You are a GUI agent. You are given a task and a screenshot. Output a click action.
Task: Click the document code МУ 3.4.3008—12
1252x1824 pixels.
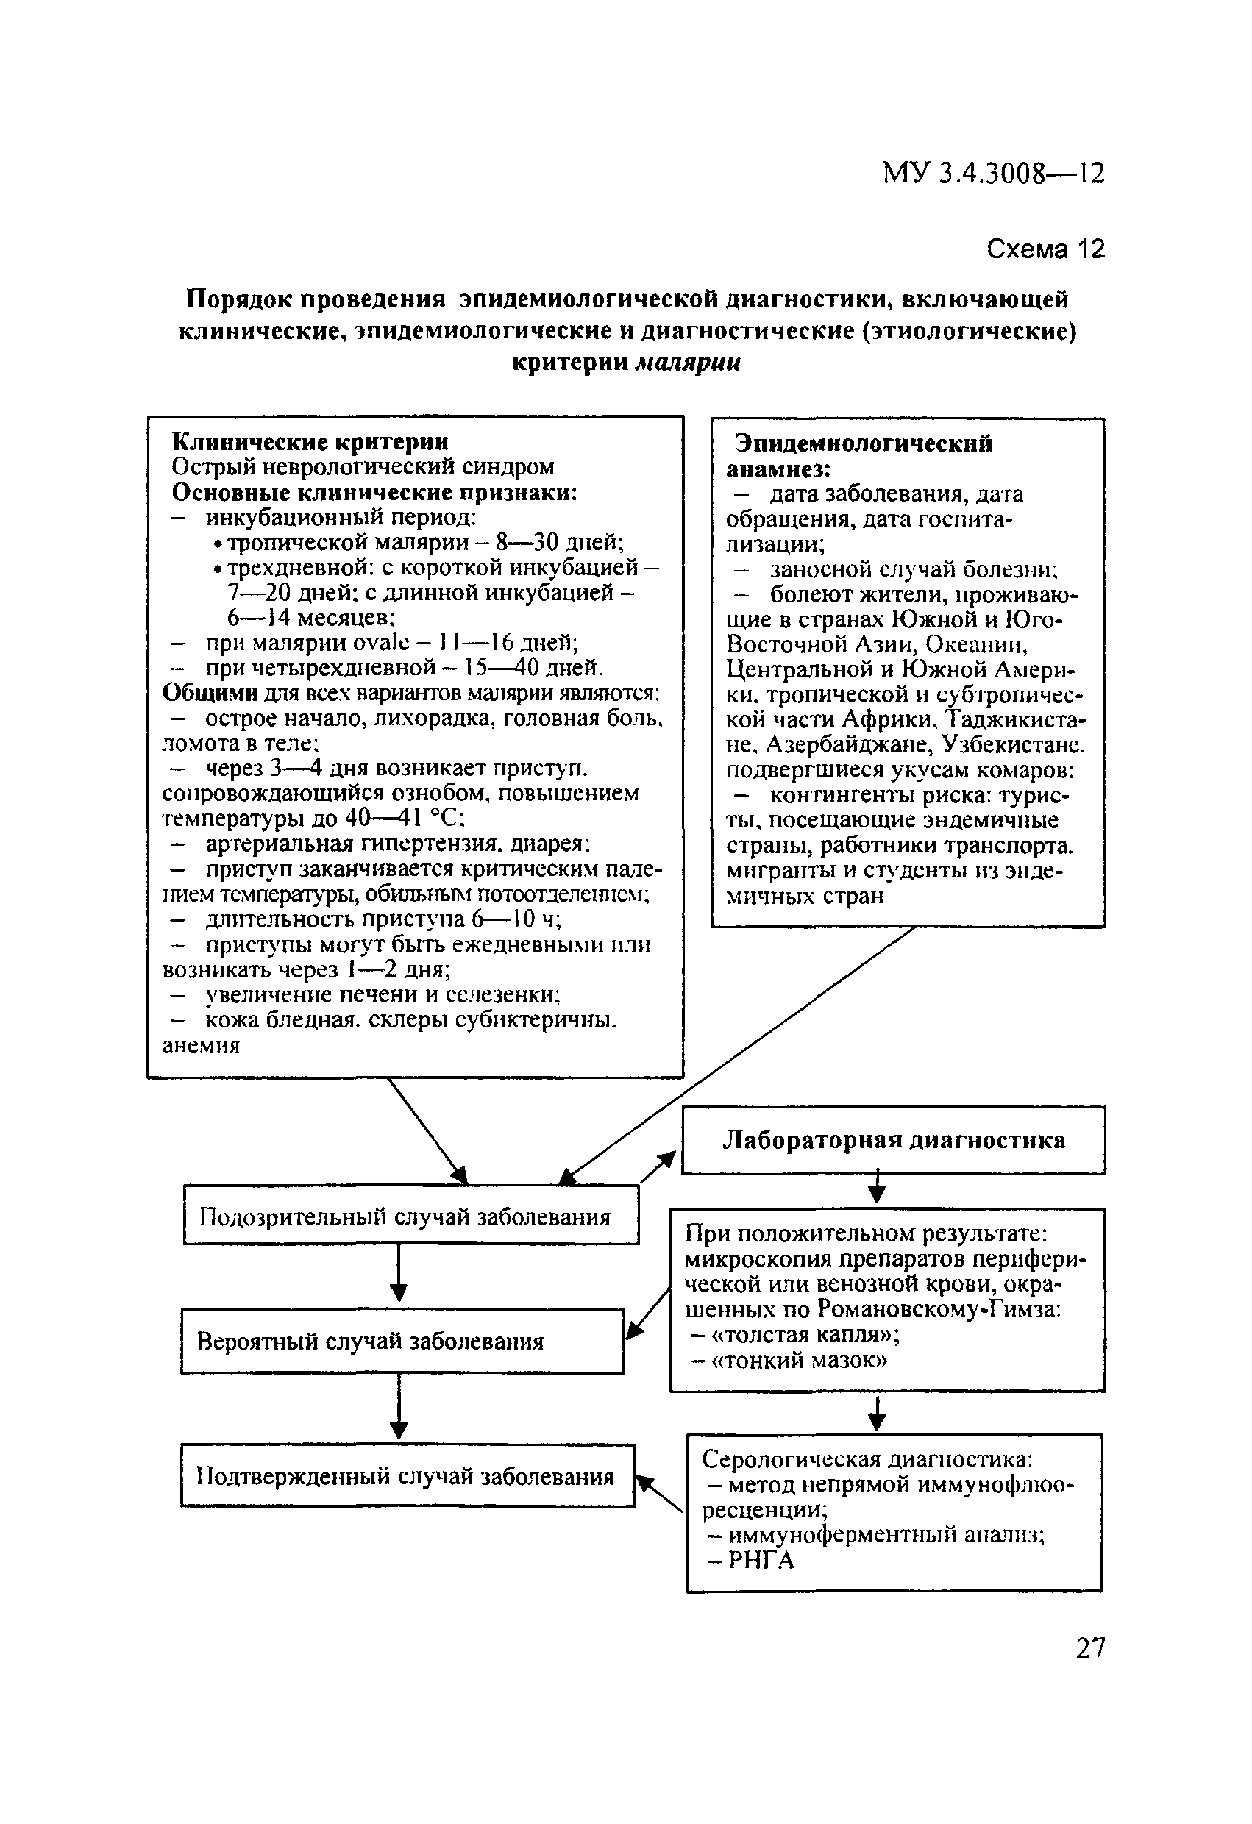tap(993, 173)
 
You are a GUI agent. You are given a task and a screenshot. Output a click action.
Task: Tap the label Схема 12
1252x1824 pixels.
tap(1045, 249)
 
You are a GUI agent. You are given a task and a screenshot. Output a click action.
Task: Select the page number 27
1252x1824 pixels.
tap(1090, 1647)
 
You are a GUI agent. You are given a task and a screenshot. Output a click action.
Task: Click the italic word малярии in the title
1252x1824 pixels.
tap(687, 363)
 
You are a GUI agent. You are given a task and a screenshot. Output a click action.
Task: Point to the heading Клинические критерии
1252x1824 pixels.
tap(310, 442)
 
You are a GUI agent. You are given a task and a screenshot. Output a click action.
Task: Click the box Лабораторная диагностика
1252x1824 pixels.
tap(893, 1141)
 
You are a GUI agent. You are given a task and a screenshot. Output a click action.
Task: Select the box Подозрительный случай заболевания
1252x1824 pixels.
tap(410, 1216)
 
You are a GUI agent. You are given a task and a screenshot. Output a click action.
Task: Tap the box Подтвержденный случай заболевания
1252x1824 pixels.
tap(407, 1476)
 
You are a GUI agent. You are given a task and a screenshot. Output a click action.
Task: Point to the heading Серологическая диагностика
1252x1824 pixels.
tap(867, 1459)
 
